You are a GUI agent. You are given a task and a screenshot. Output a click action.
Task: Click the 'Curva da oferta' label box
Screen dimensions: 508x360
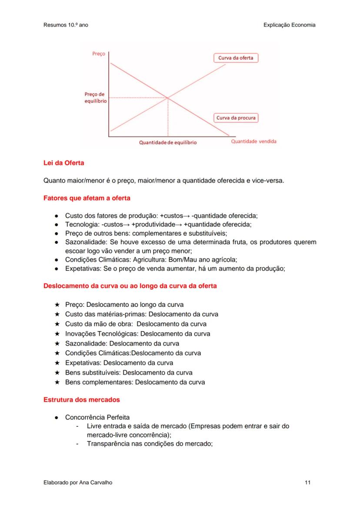pos(236,58)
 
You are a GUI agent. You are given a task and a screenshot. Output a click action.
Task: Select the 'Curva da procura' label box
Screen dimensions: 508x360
pos(236,118)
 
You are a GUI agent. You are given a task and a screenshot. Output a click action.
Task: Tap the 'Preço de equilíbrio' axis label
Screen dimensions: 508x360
pos(94,97)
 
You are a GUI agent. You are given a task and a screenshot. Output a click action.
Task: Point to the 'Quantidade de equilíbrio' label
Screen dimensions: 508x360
pos(167,142)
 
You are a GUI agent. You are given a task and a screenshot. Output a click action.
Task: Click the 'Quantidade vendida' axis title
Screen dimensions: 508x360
pos(253,141)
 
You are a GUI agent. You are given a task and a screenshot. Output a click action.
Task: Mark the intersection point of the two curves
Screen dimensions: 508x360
pos(168,98)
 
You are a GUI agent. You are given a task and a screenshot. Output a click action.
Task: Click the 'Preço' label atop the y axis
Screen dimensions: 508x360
pos(98,54)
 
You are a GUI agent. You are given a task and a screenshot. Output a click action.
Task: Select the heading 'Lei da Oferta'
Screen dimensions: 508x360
pos(64,163)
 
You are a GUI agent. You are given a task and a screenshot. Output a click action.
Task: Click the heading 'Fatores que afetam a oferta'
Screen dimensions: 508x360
pos(87,198)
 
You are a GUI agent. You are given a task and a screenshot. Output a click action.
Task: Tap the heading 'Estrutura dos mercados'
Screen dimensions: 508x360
pos(82,399)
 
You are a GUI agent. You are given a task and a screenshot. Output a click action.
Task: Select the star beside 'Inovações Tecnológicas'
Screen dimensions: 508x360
pos(57,334)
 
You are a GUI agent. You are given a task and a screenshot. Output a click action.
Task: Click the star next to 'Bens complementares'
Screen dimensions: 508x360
pos(57,382)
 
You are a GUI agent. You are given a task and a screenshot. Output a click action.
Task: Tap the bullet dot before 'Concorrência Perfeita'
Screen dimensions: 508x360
pos(57,417)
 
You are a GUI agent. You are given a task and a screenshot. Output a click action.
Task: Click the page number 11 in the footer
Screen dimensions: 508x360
pos(308,482)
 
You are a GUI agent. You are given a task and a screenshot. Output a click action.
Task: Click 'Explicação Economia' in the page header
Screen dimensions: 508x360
pos(289,25)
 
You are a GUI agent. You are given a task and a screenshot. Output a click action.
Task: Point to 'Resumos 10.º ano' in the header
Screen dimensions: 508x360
pos(66,25)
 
